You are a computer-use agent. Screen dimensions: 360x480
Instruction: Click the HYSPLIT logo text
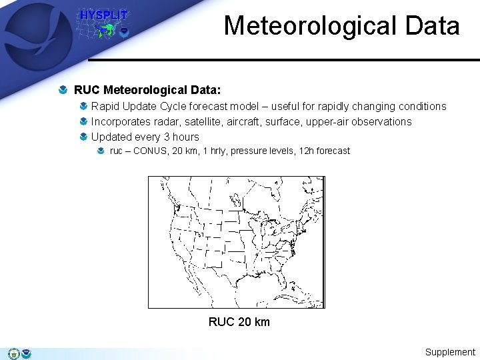[103, 15]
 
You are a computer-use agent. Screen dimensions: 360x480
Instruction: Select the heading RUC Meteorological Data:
[147, 89]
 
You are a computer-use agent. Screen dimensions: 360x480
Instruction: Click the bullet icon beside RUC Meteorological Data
[63, 89]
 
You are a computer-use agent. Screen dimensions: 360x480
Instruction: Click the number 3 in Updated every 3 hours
[167, 137]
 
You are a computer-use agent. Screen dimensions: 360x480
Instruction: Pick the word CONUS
[149, 151]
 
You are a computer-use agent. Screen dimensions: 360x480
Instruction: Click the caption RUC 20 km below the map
[239, 322]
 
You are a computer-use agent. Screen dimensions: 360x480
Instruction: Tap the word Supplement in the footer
[450, 352]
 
